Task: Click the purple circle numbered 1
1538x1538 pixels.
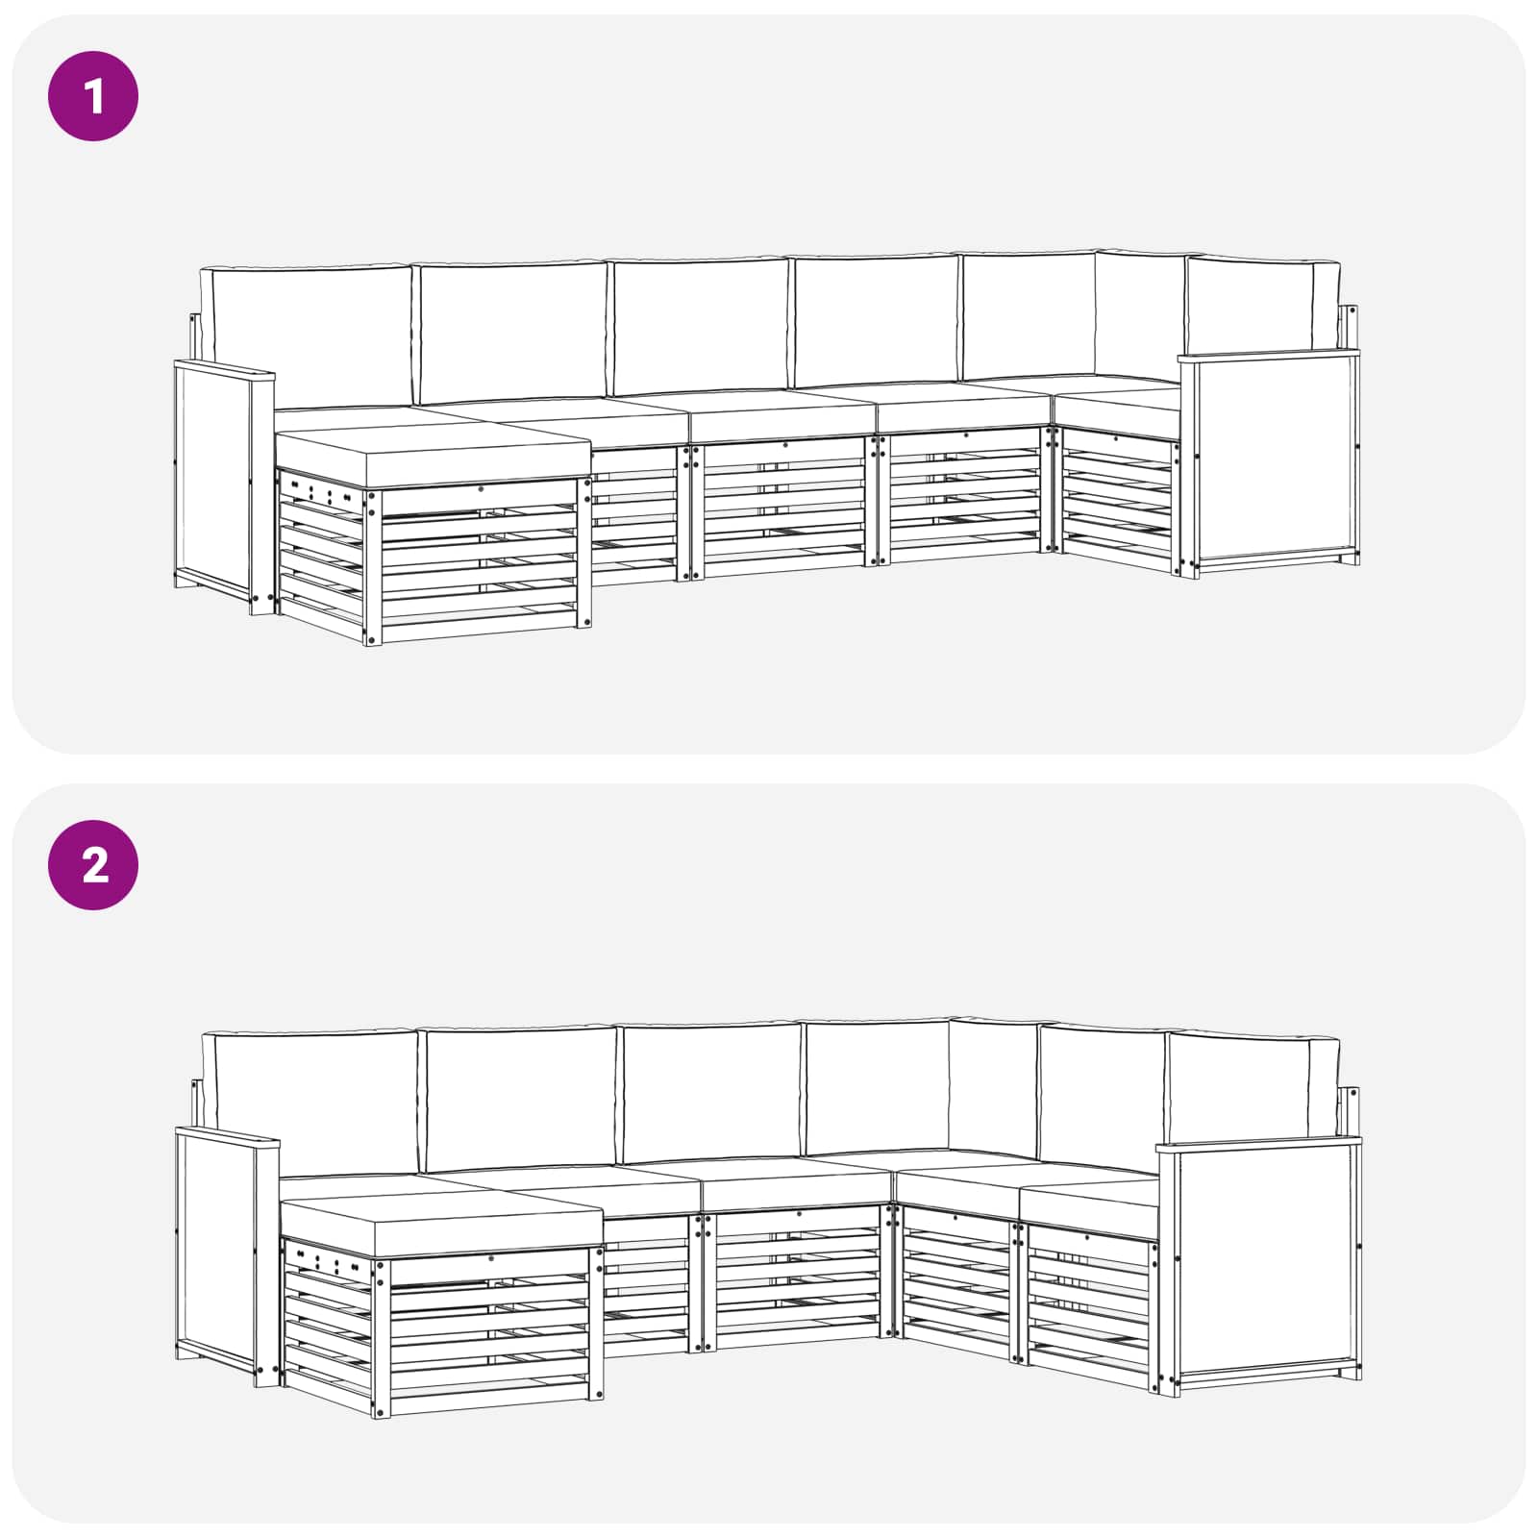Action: click(x=93, y=96)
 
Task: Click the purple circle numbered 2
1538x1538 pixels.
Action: click(x=93, y=865)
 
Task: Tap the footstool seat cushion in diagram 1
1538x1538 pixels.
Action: click(x=433, y=458)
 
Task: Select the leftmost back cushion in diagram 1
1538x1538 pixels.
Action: click(x=308, y=336)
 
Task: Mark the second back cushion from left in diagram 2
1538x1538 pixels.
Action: click(x=519, y=1098)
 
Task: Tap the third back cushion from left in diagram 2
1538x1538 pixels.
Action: click(x=711, y=1092)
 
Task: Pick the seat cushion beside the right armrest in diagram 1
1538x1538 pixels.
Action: click(x=1117, y=409)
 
